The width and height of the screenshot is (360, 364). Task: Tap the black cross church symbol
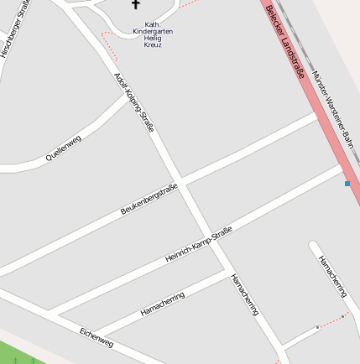136,5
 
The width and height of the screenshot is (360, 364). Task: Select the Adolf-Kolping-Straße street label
133,102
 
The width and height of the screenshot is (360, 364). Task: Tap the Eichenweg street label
96,336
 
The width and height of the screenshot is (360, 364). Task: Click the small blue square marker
347,183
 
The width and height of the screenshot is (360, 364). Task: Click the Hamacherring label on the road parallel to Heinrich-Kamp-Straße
162,304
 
